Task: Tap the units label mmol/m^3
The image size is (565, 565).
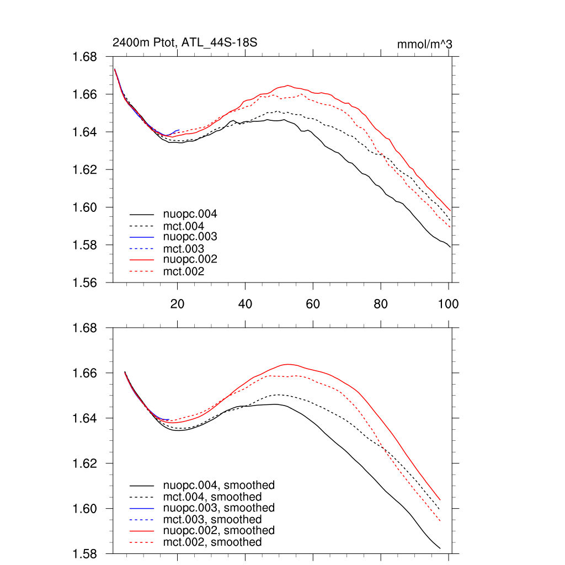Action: (x=424, y=44)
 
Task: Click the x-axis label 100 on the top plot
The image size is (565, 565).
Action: (x=448, y=303)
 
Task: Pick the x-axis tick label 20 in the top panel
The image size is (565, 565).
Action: (x=177, y=303)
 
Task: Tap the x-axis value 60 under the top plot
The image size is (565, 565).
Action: (x=313, y=303)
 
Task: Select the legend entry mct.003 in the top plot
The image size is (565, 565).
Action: (x=184, y=249)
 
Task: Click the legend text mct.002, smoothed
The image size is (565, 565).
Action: (x=212, y=542)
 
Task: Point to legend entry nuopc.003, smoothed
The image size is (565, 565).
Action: (x=219, y=508)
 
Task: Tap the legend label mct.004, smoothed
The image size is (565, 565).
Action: (x=212, y=497)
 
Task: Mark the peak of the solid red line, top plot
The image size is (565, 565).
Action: (x=289, y=86)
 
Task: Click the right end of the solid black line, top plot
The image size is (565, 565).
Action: (x=451, y=247)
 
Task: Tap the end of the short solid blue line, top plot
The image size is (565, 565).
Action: (x=179, y=130)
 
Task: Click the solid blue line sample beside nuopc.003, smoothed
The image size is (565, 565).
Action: (x=142, y=508)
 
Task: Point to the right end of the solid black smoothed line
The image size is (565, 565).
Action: (x=440, y=548)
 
